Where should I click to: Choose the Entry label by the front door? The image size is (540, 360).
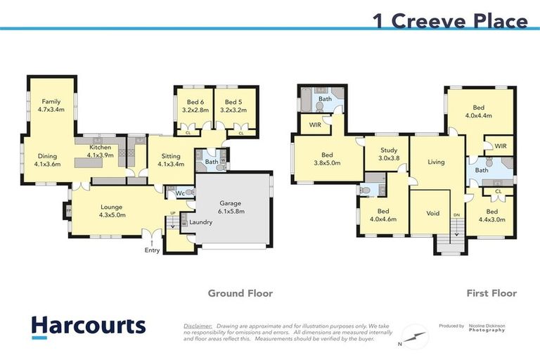click(x=153, y=250)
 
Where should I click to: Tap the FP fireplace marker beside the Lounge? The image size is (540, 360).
click(x=68, y=210)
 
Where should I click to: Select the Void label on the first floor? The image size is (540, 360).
click(x=433, y=213)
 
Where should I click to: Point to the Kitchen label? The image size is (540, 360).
click(x=100, y=150)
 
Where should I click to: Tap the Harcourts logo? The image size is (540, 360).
click(x=88, y=326)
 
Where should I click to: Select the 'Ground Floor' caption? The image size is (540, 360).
click(x=240, y=293)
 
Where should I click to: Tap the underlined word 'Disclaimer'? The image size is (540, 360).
click(x=198, y=327)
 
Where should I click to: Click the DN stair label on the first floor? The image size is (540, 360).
click(x=456, y=214)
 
